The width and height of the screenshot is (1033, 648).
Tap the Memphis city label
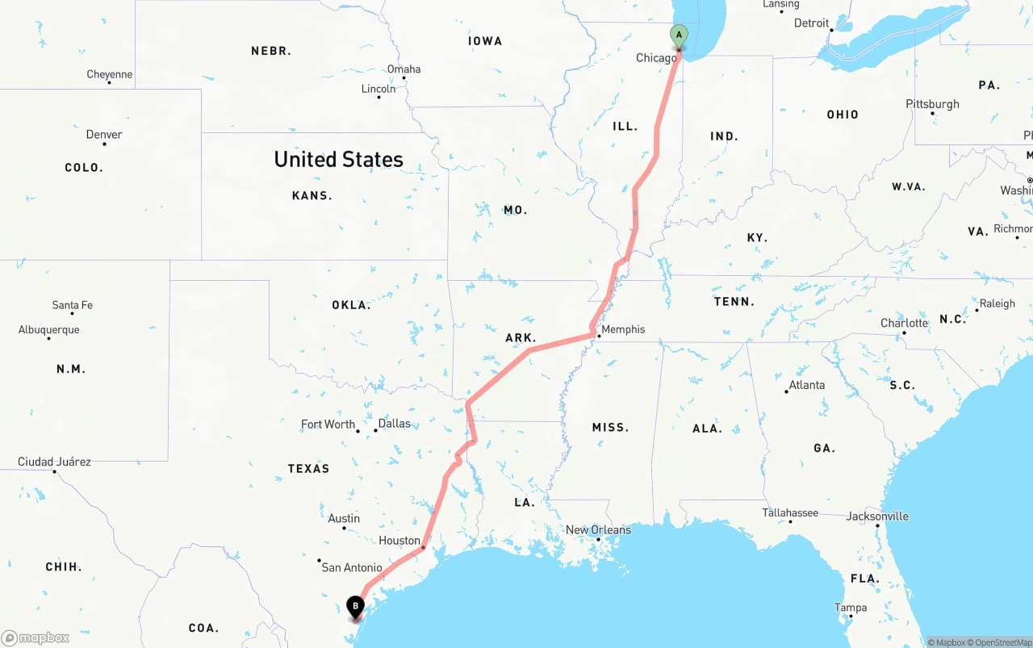[623, 329]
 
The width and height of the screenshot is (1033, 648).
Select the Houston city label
[399, 541]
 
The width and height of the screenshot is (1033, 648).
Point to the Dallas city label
[394, 424]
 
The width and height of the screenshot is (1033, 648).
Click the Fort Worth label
[328, 424]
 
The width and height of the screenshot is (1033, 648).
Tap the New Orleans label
[598, 530]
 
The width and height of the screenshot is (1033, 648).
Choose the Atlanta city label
[807, 385]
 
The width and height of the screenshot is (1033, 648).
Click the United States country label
[338, 159]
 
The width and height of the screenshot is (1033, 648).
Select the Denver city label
[104, 135]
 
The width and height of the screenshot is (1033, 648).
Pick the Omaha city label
[404, 69]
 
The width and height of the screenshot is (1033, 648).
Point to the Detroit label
[811, 23]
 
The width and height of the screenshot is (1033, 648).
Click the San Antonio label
[352, 568]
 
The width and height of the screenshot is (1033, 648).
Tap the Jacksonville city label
[877, 516]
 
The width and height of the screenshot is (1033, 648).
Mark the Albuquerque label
[49, 330]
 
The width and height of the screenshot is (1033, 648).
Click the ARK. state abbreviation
[521, 338]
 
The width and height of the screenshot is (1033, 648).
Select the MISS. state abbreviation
[610, 427]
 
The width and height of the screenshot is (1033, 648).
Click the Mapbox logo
[36, 638]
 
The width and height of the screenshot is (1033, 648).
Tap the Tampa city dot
[850, 617]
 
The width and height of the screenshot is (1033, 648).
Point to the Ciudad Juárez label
[54, 462]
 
